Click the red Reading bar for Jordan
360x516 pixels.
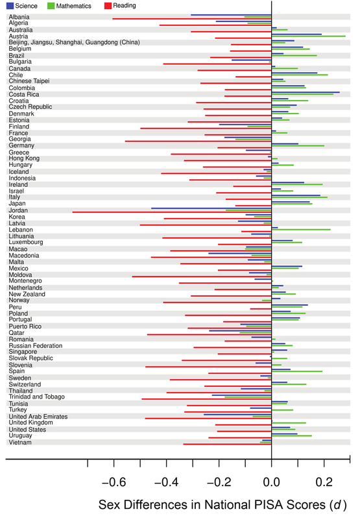172,212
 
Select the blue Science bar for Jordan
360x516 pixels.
211,208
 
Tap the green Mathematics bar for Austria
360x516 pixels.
308,36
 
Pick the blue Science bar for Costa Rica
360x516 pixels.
306,92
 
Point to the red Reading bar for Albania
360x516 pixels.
192,19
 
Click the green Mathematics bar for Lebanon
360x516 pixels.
301,229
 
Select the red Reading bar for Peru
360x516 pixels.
261,309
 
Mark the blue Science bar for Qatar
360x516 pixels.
241,331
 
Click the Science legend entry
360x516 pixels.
21,6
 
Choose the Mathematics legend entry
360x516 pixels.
69,6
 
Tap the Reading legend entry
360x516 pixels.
120,6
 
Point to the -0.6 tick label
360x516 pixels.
114,482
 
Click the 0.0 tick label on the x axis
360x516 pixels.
272,482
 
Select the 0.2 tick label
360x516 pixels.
324,482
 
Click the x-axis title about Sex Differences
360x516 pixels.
222,504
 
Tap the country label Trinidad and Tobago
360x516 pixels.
36,397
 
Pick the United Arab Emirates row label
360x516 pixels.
38,416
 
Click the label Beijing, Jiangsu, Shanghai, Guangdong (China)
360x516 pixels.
75,42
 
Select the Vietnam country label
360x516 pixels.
20,442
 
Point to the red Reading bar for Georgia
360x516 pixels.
198,141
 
